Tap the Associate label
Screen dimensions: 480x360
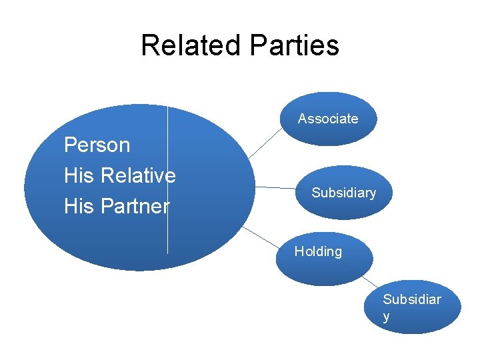click(x=327, y=119)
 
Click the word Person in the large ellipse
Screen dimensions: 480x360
click(x=97, y=145)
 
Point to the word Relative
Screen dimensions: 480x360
click(x=139, y=175)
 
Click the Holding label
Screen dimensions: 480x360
click(x=318, y=251)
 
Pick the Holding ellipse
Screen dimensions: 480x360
click(x=323, y=270)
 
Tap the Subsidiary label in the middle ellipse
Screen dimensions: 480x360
click(x=343, y=193)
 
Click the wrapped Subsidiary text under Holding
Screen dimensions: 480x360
click(x=411, y=300)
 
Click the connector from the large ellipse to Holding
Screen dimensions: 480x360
click(x=260, y=237)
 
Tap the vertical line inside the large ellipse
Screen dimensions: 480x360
click(x=167, y=227)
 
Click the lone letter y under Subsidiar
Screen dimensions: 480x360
click(x=387, y=317)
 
